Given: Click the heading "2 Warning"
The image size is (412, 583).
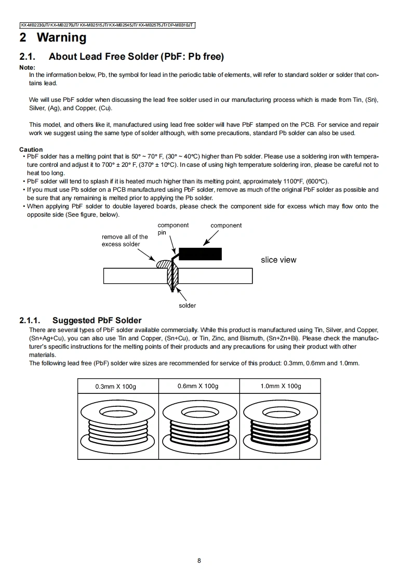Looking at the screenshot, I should [53, 37].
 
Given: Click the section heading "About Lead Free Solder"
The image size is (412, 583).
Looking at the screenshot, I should [136, 57].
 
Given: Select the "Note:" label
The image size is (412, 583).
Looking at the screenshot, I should [27, 68].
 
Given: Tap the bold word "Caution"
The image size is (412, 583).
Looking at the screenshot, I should [31, 150].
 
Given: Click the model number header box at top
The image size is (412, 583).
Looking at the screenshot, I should [107, 25].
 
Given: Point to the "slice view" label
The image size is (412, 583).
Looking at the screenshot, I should [278, 260].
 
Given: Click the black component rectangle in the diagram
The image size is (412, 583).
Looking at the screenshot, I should [200, 254].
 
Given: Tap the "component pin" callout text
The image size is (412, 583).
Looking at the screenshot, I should [172, 229].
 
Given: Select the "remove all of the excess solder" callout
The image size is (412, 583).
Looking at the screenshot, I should [125, 240].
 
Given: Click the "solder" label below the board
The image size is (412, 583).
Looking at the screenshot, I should [187, 306].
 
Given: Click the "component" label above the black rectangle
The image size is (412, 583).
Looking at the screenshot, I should [226, 226].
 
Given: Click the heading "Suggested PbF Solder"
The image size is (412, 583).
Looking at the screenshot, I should [97, 321].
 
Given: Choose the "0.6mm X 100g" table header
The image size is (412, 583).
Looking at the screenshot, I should [198, 386].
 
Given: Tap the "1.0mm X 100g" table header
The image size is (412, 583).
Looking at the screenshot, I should [281, 386].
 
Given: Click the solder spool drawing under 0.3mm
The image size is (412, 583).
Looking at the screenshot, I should [117, 425].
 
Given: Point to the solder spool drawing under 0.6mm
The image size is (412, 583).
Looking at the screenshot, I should [198, 425].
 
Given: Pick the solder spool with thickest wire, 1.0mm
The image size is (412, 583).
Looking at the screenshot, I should [280, 425].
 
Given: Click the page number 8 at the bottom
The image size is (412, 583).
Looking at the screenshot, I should [199, 560].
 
